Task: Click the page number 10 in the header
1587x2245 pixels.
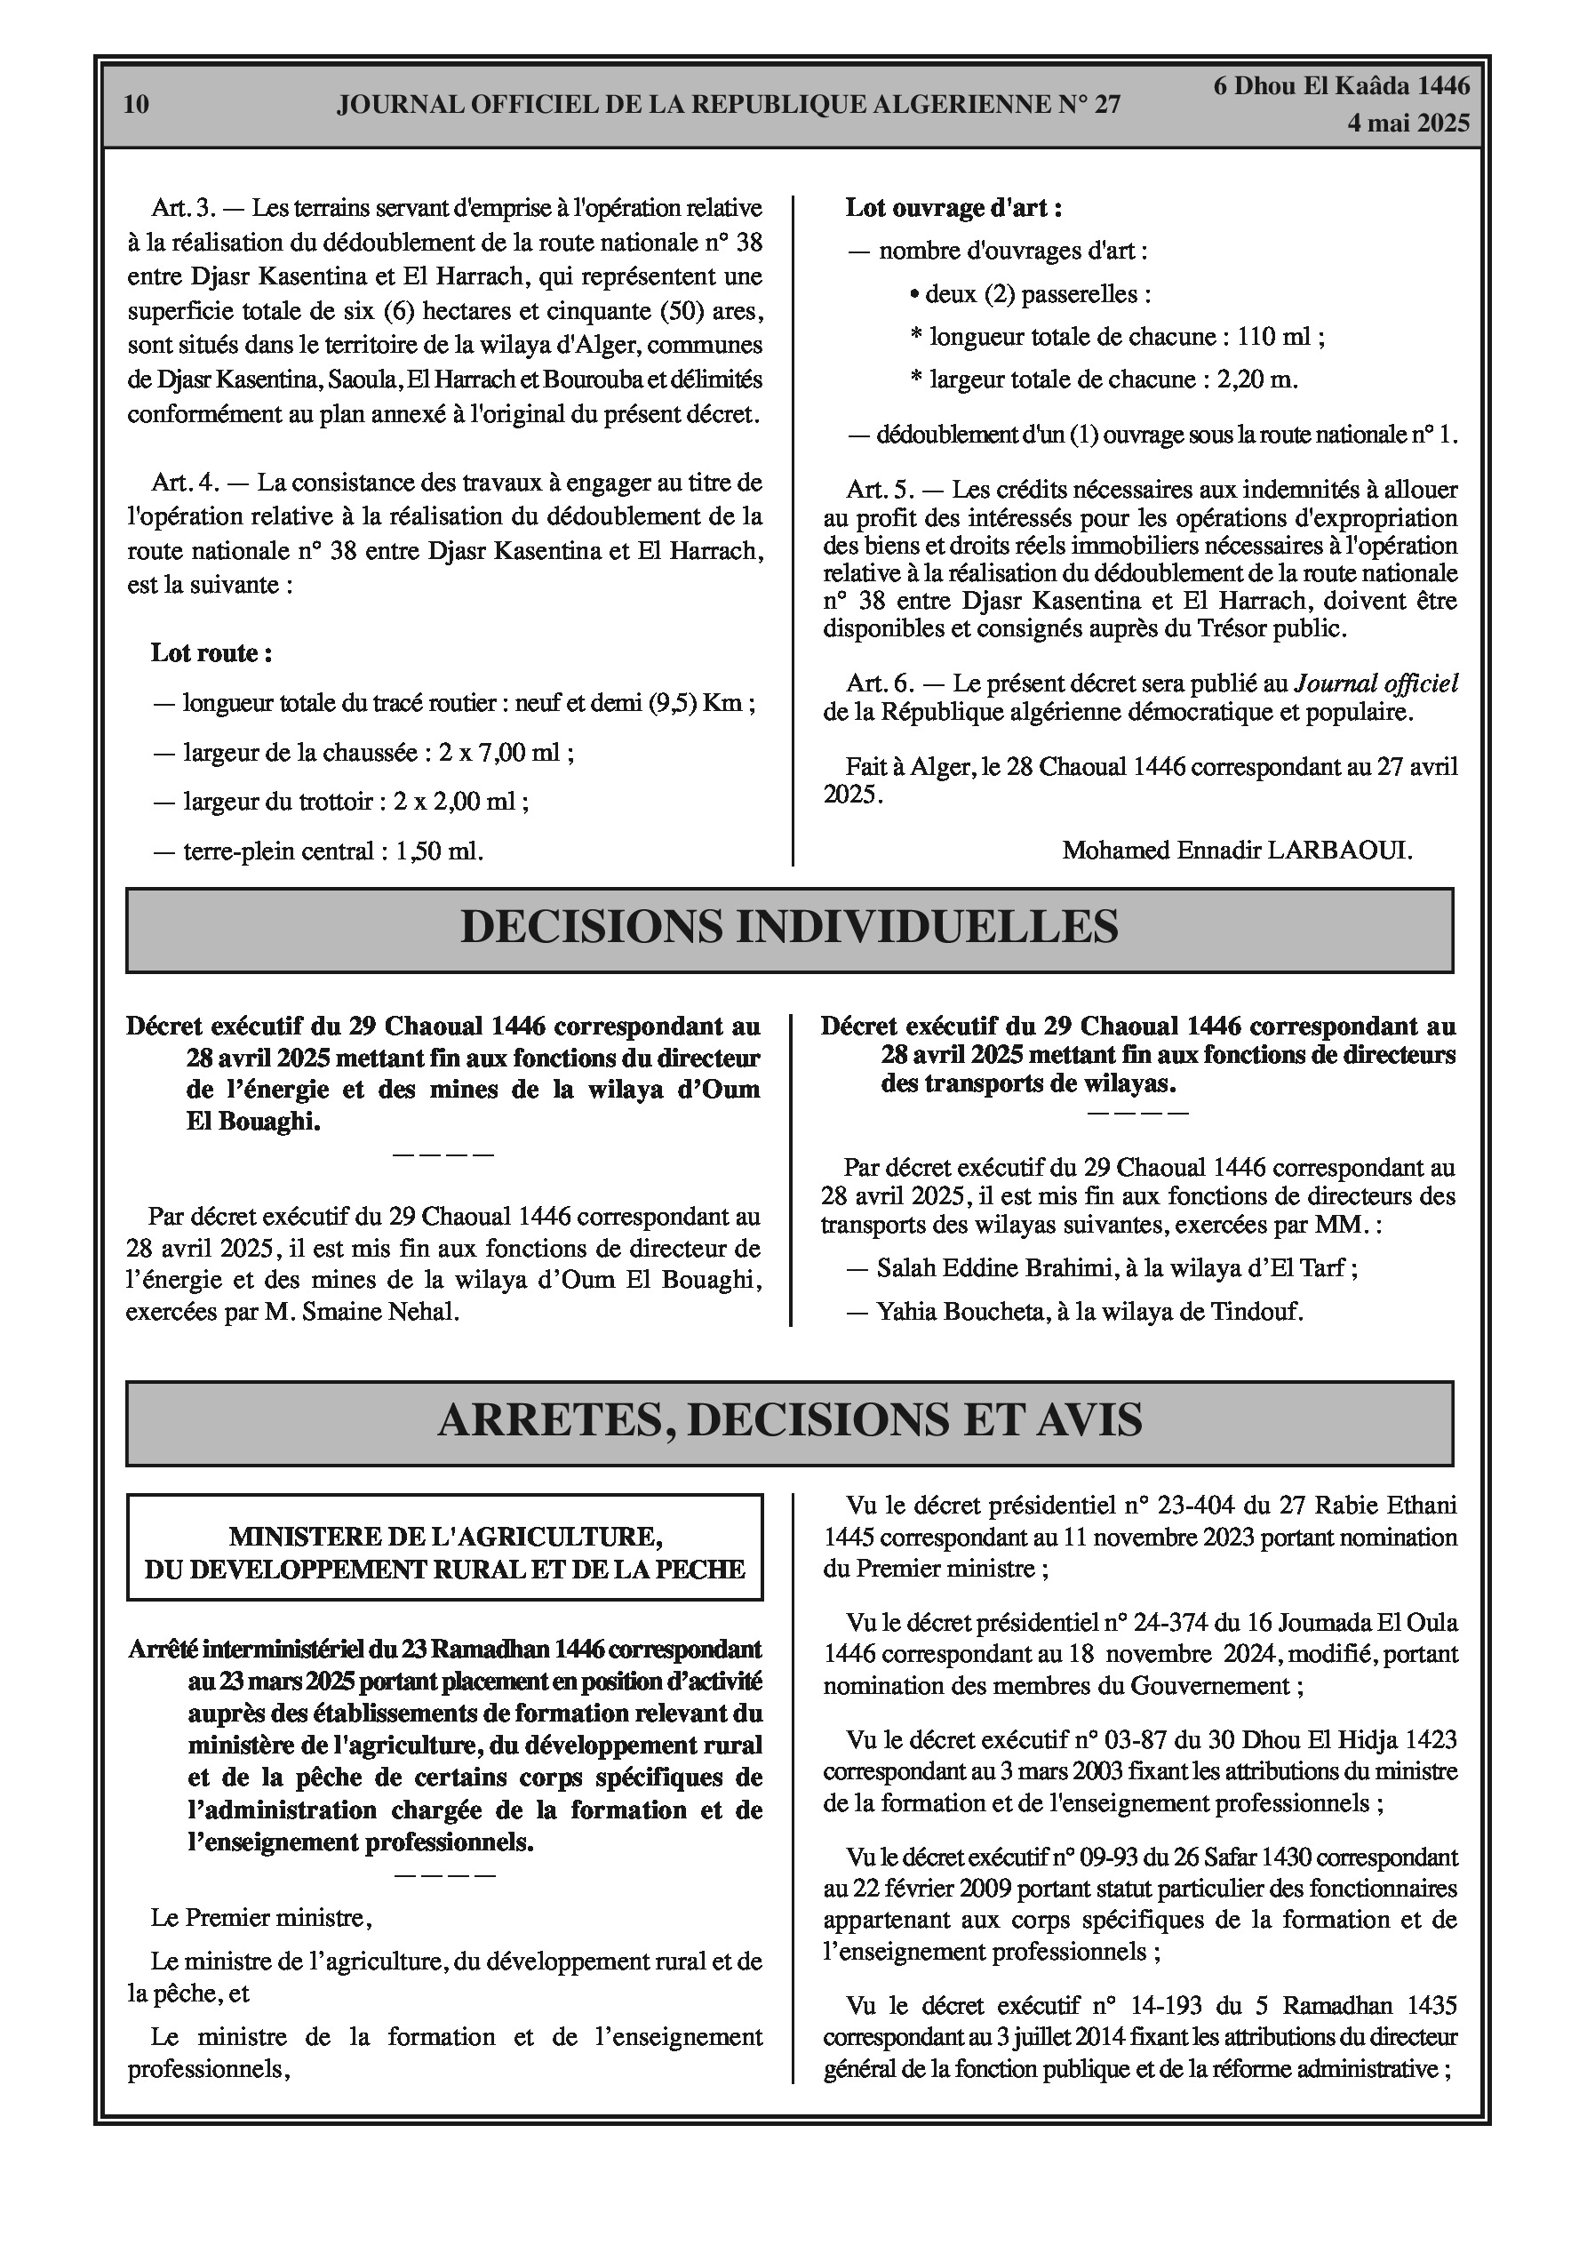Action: (x=137, y=105)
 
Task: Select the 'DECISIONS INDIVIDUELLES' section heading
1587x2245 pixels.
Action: (x=789, y=928)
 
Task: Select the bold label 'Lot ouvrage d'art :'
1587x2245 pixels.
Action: (x=953, y=208)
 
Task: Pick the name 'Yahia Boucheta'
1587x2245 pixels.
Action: (x=960, y=1312)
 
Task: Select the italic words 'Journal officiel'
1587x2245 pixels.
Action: (x=1376, y=683)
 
